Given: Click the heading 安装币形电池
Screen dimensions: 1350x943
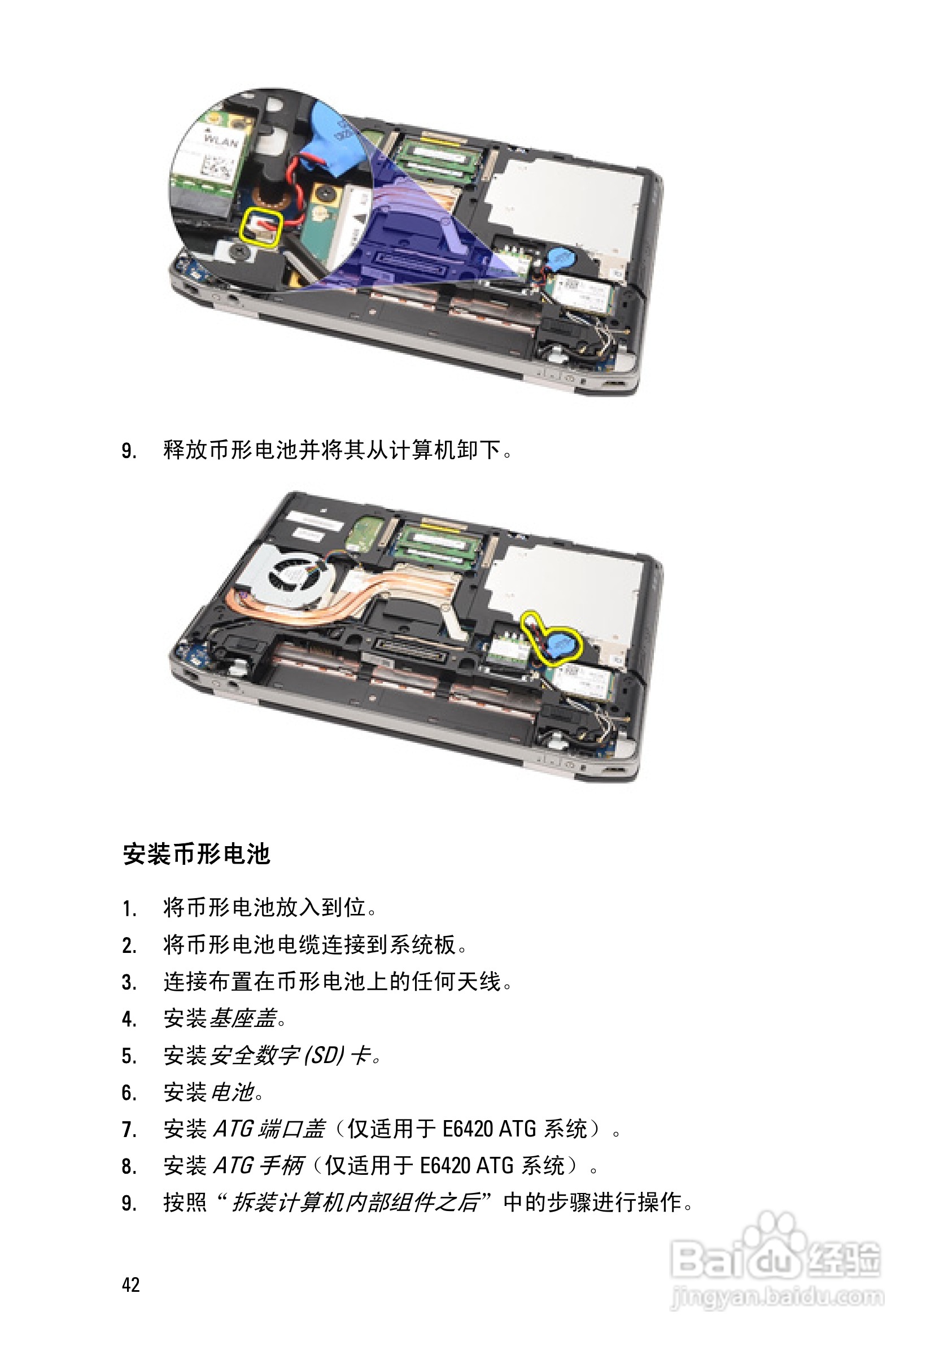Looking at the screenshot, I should click(x=197, y=854).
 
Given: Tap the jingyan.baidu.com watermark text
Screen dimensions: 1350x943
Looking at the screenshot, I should click(x=777, y=1296).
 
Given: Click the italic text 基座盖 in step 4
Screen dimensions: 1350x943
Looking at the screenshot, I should click(x=242, y=1018).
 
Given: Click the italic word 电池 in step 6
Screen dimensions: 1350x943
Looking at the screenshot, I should click(x=232, y=1092).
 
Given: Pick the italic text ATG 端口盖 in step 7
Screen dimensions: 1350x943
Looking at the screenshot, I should click(x=269, y=1129).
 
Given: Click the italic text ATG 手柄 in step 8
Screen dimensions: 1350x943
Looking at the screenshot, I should click(x=258, y=1165).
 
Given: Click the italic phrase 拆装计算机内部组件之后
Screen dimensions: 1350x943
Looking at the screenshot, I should click(x=356, y=1203).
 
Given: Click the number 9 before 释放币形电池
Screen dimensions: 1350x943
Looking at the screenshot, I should click(x=128, y=451).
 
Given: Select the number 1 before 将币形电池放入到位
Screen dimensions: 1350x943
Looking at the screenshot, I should click(x=128, y=909).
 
